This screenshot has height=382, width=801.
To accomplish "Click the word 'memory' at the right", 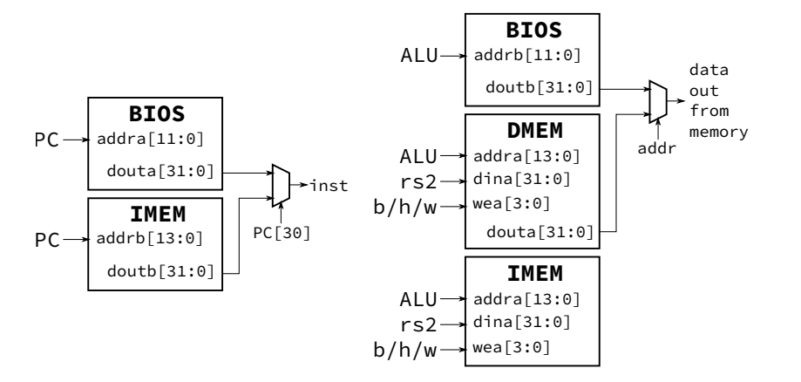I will [x=716, y=133].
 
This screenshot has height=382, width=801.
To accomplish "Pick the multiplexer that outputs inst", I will [x=280, y=185].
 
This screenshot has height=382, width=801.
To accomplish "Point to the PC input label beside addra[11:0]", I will [x=46, y=139].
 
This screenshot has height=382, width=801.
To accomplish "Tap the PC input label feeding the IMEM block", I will [x=46, y=236].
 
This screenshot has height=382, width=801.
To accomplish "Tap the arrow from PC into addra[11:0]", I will [x=73, y=139].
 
